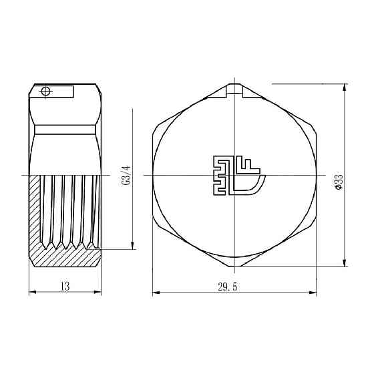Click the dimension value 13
click(65, 286)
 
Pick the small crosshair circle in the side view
click(45, 91)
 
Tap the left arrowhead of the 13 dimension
click(31, 293)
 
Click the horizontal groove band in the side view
click(65, 126)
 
